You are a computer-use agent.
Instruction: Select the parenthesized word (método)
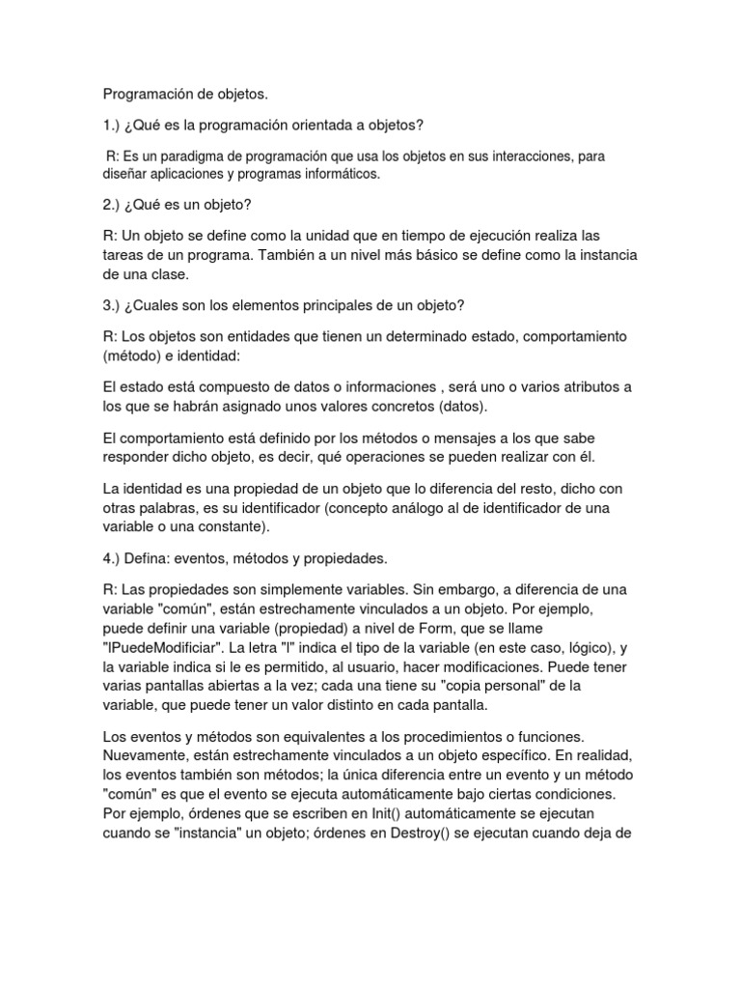[133, 354]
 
